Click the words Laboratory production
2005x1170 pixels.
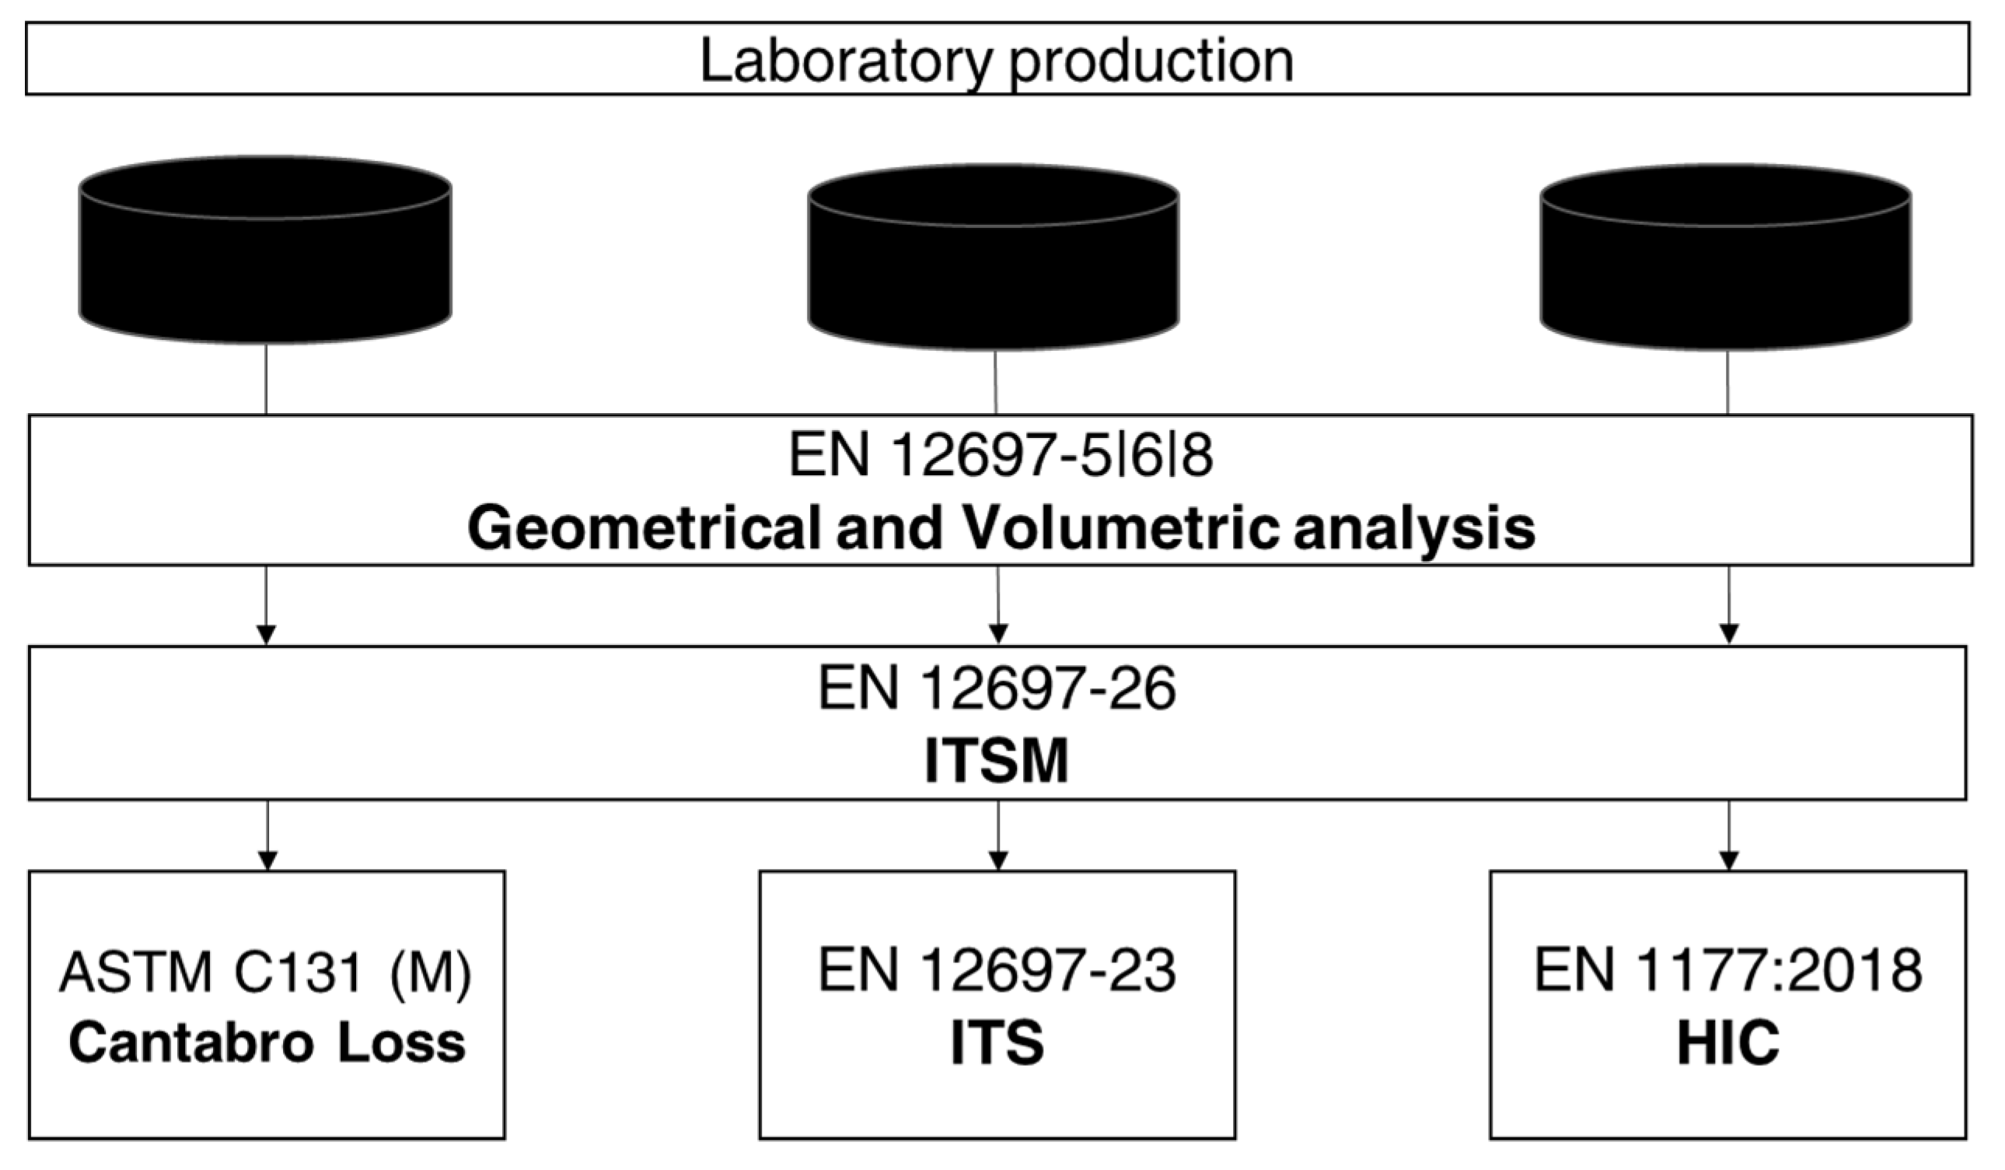point(996,61)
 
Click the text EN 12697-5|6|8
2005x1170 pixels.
point(1000,456)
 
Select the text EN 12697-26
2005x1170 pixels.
point(997,688)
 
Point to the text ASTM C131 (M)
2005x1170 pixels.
point(266,972)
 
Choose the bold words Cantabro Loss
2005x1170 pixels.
point(267,1043)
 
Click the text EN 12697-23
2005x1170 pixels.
point(997,970)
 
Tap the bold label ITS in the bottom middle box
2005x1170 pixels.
point(997,1042)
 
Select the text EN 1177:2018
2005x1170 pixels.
point(1728,970)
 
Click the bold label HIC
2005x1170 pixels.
point(1727,1043)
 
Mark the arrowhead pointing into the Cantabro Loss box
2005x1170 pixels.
point(267,861)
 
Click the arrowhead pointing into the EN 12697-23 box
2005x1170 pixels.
point(998,861)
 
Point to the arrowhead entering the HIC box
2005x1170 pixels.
point(1729,861)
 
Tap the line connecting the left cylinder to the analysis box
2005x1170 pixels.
point(266,379)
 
